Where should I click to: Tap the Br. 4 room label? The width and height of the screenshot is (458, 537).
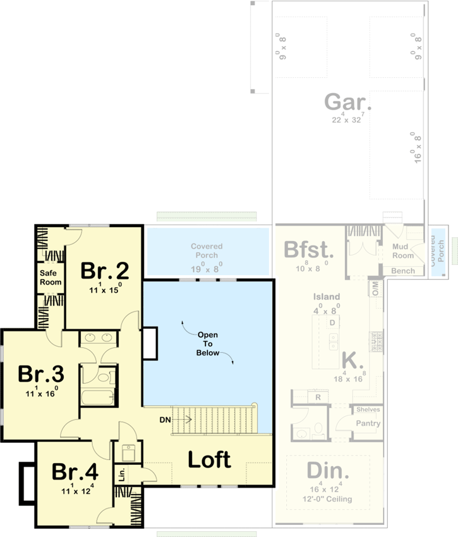(75, 472)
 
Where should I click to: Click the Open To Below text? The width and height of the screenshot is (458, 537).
(208, 343)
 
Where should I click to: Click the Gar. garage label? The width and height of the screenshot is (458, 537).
(347, 101)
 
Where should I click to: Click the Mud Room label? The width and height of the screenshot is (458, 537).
(403, 251)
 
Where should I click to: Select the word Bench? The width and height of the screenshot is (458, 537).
(404, 271)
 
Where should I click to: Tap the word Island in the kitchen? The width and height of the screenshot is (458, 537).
(327, 296)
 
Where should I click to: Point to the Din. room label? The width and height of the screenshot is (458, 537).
(328, 471)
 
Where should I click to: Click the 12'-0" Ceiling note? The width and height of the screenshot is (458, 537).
(328, 499)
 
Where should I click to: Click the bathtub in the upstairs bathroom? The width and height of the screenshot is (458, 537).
(97, 398)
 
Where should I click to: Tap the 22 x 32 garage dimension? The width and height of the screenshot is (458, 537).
(347, 119)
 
